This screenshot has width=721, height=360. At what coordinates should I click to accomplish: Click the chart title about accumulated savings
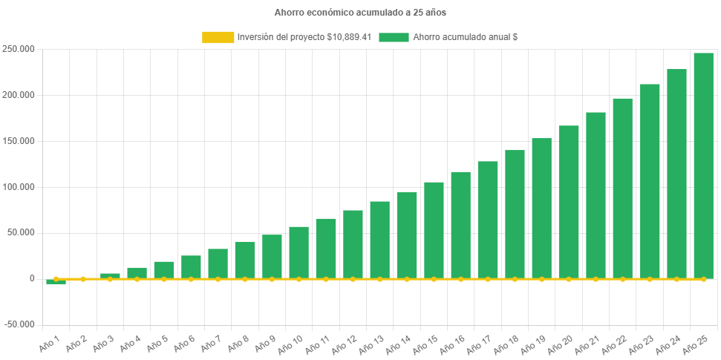(x=360, y=13)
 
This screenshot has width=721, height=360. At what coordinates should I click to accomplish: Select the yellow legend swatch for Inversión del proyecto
(x=218, y=37)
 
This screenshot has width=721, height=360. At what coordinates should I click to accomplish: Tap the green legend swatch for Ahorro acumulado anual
(x=394, y=37)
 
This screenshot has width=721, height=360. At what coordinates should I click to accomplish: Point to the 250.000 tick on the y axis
(x=20, y=49)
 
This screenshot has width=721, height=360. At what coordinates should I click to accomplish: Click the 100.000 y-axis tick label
(x=20, y=186)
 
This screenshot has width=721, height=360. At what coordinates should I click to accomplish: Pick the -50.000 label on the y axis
(x=19, y=324)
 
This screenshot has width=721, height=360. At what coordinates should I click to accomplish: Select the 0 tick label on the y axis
(x=32, y=278)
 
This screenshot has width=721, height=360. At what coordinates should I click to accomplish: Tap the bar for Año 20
(x=569, y=202)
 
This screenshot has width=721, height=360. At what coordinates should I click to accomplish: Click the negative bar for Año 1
(x=56, y=282)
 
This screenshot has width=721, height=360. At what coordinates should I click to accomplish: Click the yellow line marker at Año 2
(x=83, y=279)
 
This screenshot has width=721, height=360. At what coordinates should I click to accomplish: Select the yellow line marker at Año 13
(x=379, y=279)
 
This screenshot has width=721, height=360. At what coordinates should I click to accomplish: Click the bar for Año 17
(x=488, y=220)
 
